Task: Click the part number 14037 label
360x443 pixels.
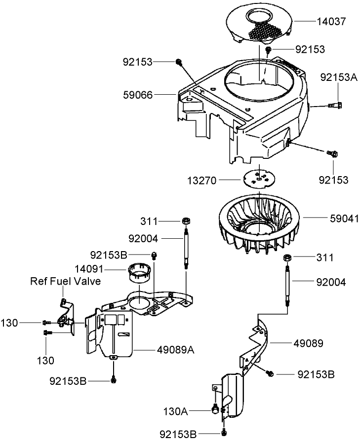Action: coord(332,21)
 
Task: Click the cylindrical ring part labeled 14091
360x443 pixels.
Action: coord(139,273)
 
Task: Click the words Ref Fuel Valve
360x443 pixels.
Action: coord(66,281)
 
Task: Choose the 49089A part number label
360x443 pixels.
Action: coord(175,350)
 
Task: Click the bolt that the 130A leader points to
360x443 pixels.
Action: coord(215,409)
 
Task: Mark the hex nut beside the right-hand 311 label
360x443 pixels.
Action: coord(286,258)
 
